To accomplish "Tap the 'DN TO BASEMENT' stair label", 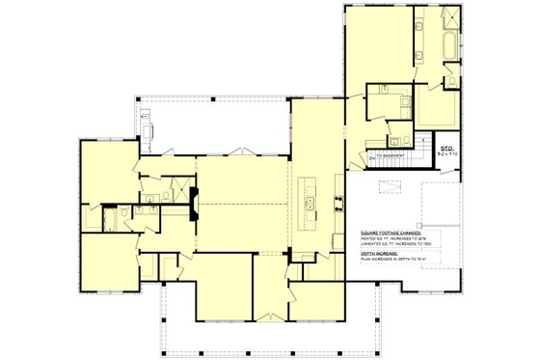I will [387, 154].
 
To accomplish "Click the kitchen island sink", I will [311, 202].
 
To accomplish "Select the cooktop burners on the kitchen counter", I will [337, 202].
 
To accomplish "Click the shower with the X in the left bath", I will [175, 190].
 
